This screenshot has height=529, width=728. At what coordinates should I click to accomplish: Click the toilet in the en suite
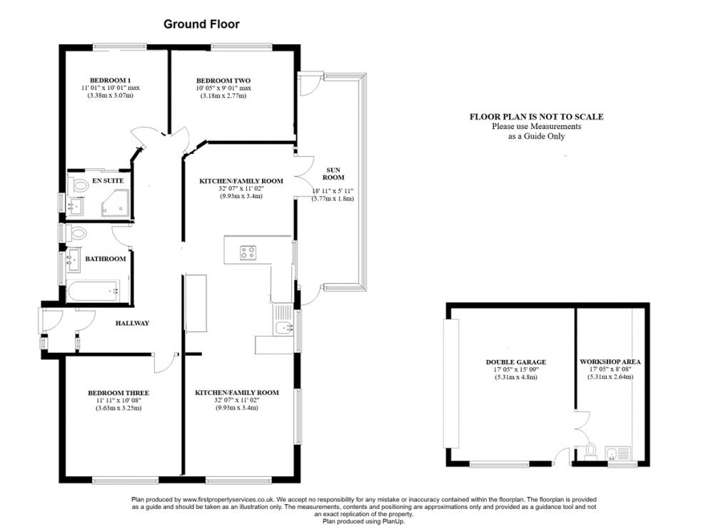[75, 185]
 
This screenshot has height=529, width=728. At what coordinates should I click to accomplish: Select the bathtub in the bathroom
[93, 291]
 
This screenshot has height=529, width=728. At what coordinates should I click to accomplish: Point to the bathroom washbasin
[73, 260]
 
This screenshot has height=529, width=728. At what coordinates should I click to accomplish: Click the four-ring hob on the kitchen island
[248, 252]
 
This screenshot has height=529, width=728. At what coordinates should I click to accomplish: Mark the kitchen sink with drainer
[283, 327]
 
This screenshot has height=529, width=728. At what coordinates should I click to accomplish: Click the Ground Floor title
[201, 24]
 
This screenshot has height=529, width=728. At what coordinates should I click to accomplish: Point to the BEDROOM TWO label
[223, 80]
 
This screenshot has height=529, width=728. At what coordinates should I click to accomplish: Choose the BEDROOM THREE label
[118, 393]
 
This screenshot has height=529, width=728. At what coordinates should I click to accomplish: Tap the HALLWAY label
[133, 324]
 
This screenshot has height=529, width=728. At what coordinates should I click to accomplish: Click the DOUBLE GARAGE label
[515, 362]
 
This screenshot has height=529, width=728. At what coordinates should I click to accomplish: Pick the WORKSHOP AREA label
[611, 362]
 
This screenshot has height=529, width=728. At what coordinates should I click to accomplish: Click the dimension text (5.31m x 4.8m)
[515, 377]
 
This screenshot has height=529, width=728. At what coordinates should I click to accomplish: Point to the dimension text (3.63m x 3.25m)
[118, 408]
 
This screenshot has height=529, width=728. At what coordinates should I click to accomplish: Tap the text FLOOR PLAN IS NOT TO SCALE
[536, 117]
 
